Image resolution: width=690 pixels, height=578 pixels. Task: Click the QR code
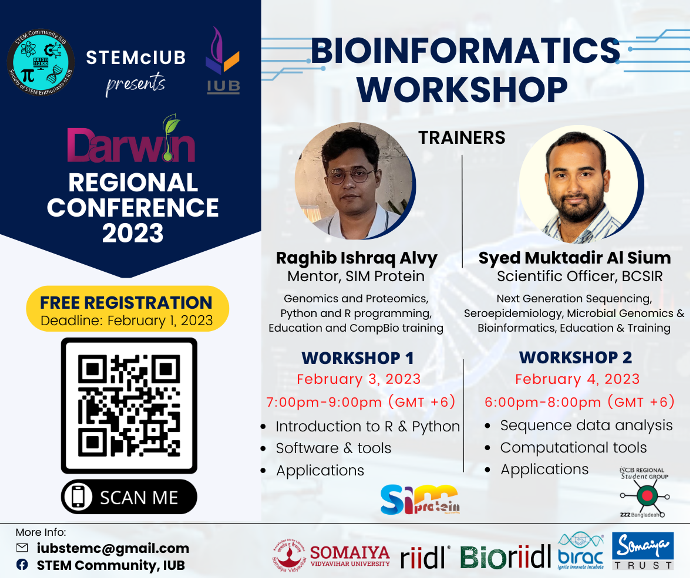pos(129,406)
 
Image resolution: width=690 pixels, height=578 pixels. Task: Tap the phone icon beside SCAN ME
pos(78,496)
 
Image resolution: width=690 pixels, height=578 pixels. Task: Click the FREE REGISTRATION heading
pos(126,302)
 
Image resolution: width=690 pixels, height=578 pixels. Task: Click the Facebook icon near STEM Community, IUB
pos(22,565)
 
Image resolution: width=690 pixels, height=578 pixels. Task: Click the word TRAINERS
pos(462,138)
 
